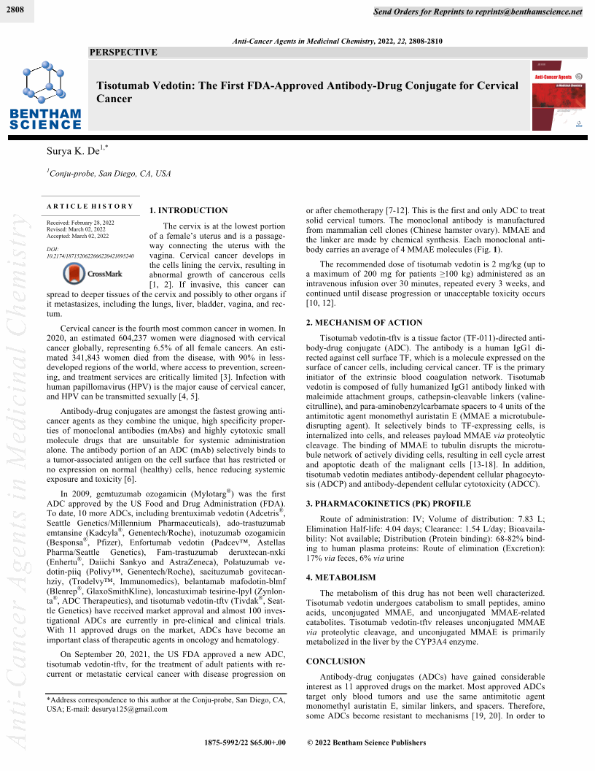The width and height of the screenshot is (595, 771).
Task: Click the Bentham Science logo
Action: tap(45, 95)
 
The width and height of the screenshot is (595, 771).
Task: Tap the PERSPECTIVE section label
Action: tap(122, 53)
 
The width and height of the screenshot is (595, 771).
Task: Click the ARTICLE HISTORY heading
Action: tap(90, 207)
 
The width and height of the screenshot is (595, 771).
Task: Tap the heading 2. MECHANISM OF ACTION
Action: tap(364, 322)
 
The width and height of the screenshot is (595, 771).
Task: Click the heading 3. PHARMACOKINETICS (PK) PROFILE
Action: tap(385, 504)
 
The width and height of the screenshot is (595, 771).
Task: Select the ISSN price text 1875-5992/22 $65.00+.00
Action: tap(246, 743)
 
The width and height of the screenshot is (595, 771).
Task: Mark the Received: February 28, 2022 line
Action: tap(80, 221)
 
